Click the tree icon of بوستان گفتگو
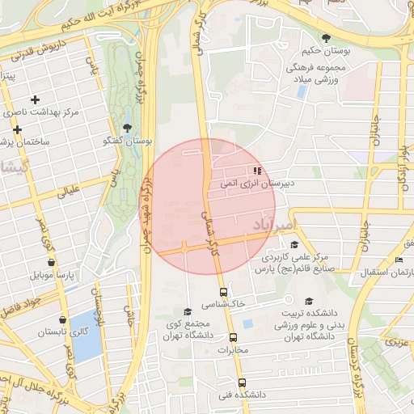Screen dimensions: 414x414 coord(126,128)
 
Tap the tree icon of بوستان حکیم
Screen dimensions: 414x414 coord(326,38)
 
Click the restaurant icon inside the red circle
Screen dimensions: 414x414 coord(257,171)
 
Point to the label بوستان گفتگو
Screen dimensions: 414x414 coord(128,141)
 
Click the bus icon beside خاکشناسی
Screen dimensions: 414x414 coord(223,292)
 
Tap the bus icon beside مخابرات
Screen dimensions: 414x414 coord(234,337)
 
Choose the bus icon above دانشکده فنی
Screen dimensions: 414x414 coord(241,382)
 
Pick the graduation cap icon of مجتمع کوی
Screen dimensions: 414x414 coord(187,310)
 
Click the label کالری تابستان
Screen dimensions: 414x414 coord(62,332)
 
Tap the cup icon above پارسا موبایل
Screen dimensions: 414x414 coord(52,262)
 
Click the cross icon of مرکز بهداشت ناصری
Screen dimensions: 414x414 coord(35,99)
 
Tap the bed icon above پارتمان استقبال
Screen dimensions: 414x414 coord(399,259)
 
